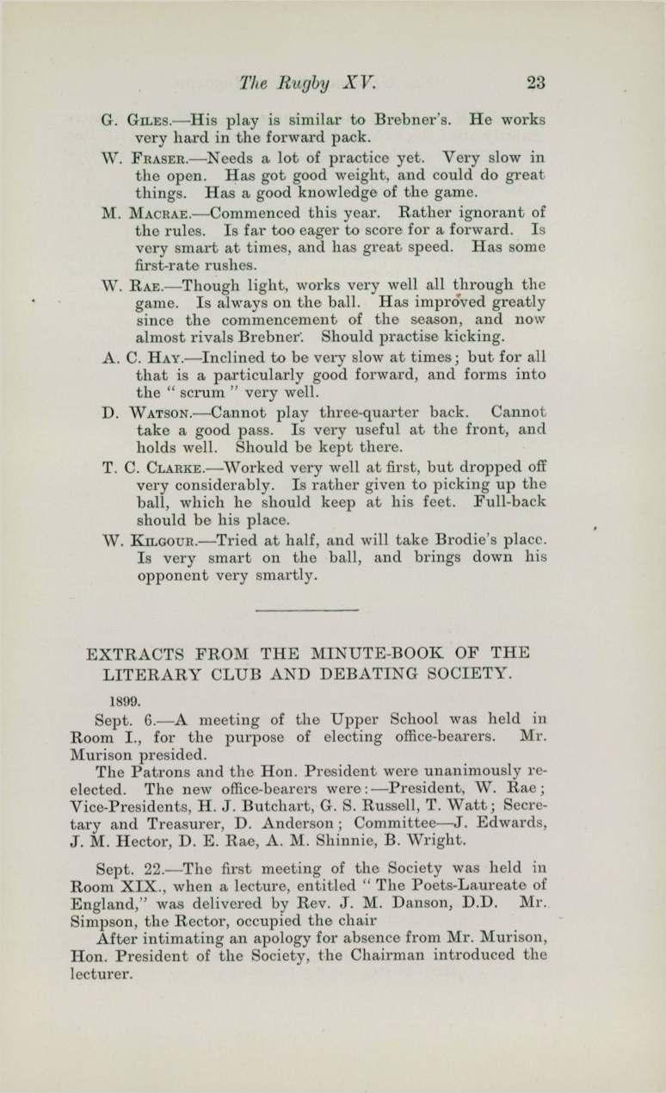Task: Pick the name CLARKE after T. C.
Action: pos(175,468)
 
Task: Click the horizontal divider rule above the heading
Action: pos(306,611)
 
